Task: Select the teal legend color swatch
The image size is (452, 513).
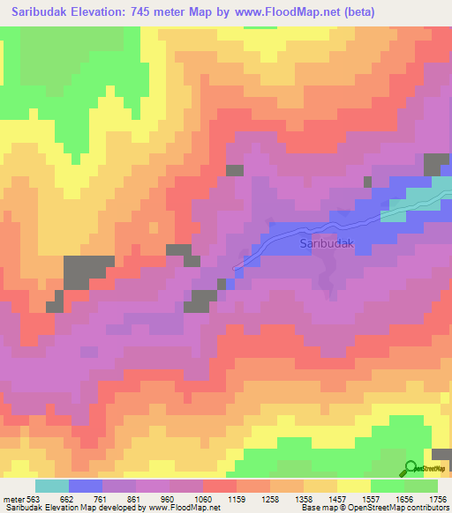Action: pyautogui.click(x=52, y=486)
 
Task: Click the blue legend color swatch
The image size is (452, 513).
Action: pyautogui.click(x=86, y=486)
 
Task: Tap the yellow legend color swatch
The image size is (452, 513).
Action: pyautogui.click(x=353, y=486)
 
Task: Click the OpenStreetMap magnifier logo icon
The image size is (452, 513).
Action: pyautogui.click(x=411, y=470)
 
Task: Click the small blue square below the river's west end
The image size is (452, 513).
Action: pyautogui.click(x=230, y=284)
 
